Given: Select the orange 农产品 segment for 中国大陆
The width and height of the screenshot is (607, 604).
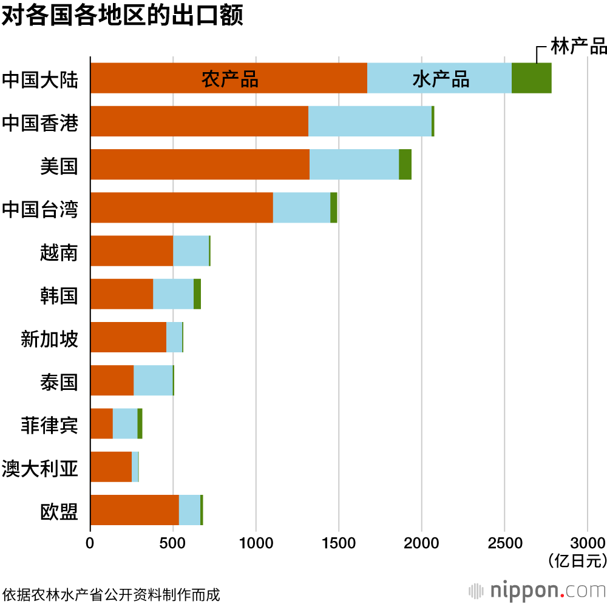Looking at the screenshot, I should pos(228,78).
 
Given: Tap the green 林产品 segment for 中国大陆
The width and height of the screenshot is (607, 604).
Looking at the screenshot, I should pos(531,78).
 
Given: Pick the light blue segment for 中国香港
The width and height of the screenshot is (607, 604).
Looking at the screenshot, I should pos(370,121).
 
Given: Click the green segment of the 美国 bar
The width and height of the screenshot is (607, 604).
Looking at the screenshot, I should pos(405,164).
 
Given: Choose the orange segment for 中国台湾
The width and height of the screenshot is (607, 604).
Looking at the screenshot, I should pos(181,207).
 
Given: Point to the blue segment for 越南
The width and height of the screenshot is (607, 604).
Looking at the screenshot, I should pos(191,250).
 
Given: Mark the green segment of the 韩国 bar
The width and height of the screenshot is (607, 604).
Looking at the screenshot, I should pos(197,294).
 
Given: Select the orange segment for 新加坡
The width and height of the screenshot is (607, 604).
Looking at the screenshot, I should pos(128,337).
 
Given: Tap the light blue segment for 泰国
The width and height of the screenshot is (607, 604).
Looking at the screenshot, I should pos(153,380).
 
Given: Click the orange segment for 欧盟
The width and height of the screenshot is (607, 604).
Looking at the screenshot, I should pos(135,510).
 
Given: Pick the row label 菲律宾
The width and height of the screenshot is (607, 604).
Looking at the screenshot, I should pos(50,424).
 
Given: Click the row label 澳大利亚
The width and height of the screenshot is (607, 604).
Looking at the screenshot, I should pos(40,468).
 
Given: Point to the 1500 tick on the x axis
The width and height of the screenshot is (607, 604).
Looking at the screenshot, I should pos(339,542).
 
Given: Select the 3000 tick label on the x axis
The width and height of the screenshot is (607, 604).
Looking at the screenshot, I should pos(587,542).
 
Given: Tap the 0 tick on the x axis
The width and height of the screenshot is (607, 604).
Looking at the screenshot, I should pos(90,542).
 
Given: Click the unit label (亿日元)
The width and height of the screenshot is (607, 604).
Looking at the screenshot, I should pos(577,560).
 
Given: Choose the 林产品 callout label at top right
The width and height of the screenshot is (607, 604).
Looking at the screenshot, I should pos(578,46).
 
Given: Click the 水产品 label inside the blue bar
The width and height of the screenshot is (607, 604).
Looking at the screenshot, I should pos(441,79).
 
